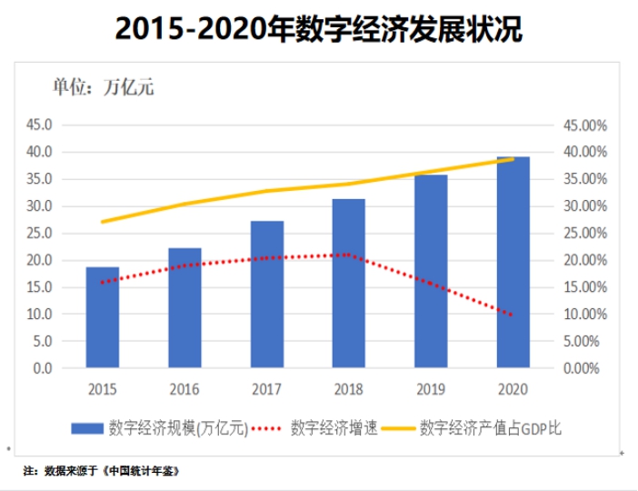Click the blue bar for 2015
[x=103, y=318]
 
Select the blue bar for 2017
[x=267, y=295]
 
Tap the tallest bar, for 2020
[x=514, y=263]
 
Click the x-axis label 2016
[x=184, y=389]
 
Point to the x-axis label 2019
[x=432, y=389]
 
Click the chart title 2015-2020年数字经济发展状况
[x=319, y=29]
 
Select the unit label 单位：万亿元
[x=102, y=88]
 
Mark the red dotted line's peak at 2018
[x=349, y=255]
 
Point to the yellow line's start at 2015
[x=103, y=222]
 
